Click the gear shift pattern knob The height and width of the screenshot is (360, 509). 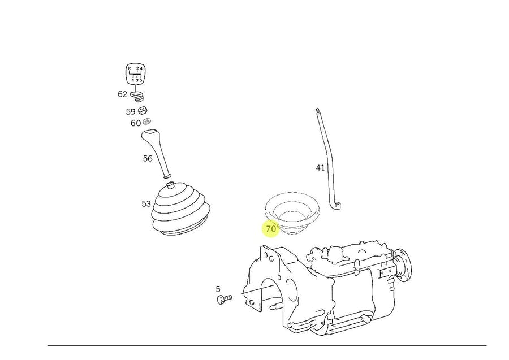coord(135,74)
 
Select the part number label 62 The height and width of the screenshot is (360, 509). coord(122,94)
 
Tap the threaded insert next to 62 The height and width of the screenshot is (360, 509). coord(137,96)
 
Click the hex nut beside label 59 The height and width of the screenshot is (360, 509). coord(143,110)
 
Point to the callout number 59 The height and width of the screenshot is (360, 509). coord(131,111)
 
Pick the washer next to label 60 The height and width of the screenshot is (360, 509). coord(146,122)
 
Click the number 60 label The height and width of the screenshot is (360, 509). coord(136,123)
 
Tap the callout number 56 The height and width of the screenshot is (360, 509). coord(148,158)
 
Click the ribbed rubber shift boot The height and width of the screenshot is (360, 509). coord(181,209)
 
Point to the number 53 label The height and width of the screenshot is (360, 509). coord(146,203)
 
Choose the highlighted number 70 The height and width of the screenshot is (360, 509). coord(270,229)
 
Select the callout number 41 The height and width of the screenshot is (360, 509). coord(320,168)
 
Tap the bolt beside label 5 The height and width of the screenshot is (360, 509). coord(224,299)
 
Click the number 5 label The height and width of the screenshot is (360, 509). coord(218,289)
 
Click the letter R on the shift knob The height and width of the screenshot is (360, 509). coord(129,68)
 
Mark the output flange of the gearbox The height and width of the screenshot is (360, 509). coord(403,264)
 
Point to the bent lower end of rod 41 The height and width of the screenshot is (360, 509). coord(335,206)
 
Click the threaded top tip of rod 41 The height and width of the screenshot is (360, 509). coord(317,110)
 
